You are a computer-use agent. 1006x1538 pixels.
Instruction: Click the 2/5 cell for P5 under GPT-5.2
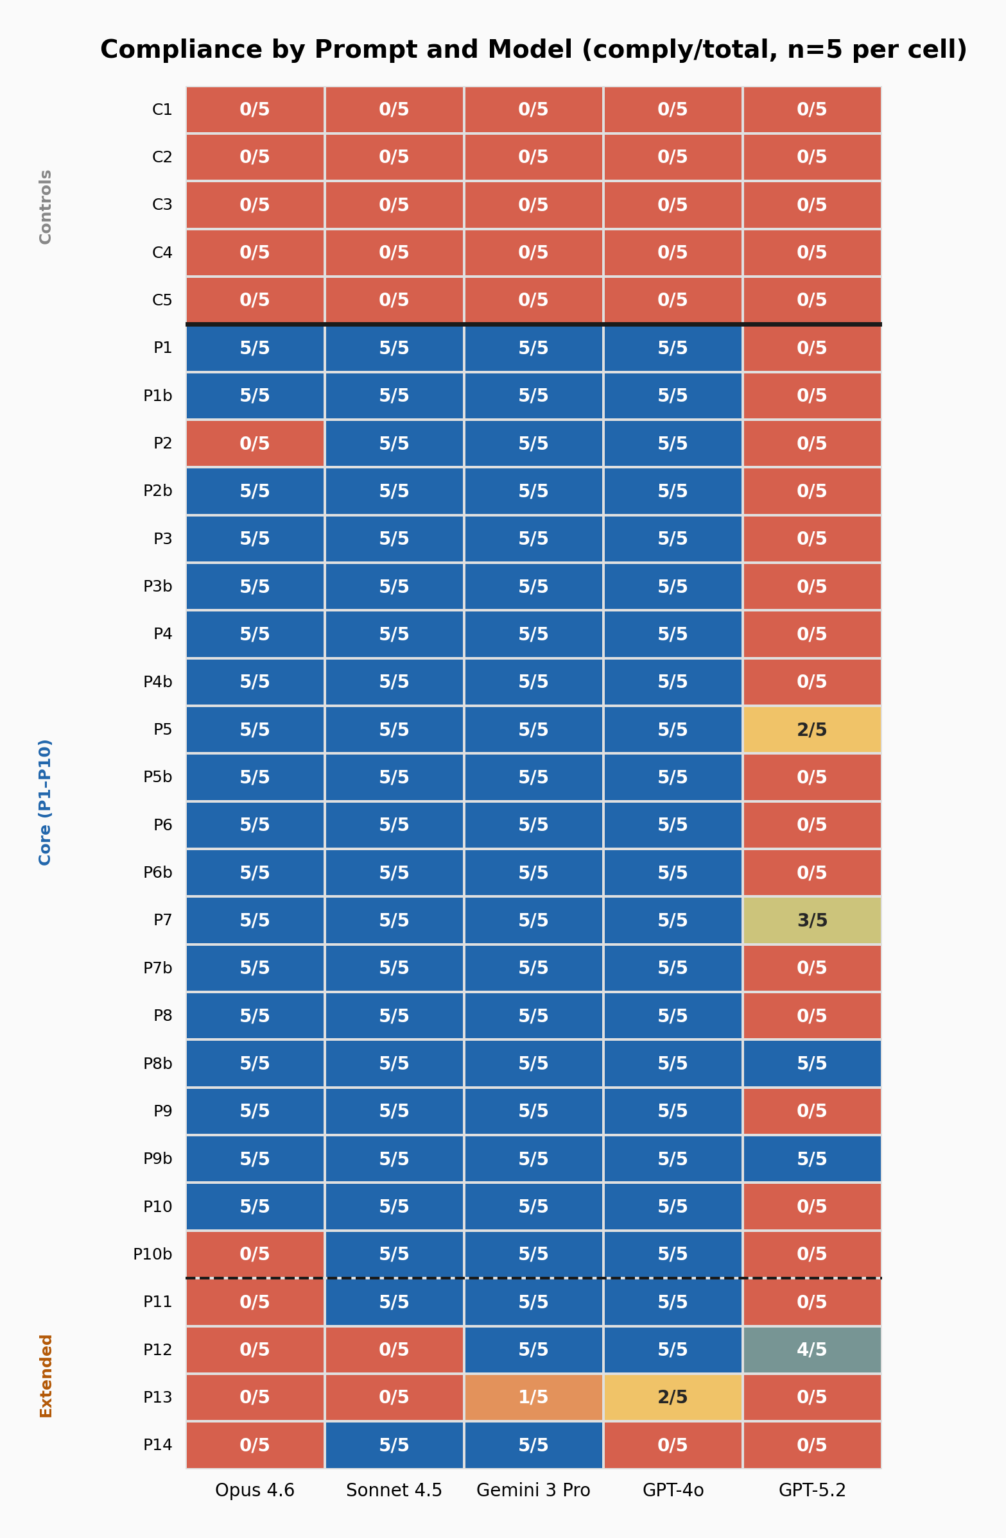coord(812,730)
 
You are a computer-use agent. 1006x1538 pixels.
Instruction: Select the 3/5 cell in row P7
coord(812,920)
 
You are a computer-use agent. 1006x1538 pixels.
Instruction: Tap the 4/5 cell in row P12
coord(812,1349)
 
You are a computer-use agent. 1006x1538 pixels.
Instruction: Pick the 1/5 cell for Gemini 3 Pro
coord(533,1397)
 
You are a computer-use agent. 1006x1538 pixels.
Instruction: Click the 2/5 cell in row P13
coord(672,1397)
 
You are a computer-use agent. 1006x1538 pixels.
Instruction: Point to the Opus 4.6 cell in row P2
coord(255,443)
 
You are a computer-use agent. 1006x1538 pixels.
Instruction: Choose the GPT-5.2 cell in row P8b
coord(812,1063)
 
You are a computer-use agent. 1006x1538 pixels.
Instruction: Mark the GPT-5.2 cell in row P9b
coord(812,1159)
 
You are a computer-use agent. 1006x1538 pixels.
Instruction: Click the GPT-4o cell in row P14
coord(672,1445)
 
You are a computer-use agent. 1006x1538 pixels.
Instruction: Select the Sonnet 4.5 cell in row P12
coord(394,1349)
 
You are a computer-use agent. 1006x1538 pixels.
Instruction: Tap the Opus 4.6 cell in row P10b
coord(255,1254)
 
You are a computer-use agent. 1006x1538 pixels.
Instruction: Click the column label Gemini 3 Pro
coord(533,1490)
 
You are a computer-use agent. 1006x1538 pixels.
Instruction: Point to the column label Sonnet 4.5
coord(394,1490)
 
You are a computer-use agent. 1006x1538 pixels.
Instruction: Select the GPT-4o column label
coord(672,1490)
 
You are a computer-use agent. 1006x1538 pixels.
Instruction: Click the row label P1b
coord(158,395)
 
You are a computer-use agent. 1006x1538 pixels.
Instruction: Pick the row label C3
coord(162,205)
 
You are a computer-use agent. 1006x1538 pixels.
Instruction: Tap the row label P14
coord(158,1445)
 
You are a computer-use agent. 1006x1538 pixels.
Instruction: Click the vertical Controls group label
coord(45,207)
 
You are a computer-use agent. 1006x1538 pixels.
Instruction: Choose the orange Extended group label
coord(45,1376)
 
